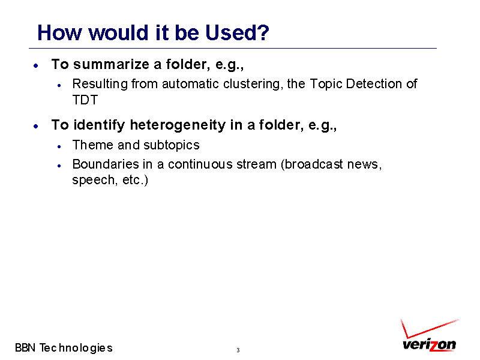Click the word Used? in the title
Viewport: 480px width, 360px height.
(x=237, y=32)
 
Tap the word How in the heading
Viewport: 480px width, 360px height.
(x=59, y=32)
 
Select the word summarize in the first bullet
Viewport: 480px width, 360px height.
(x=111, y=64)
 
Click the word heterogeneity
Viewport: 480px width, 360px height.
(x=178, y=125)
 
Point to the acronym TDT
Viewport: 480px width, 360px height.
(x=85, y=100)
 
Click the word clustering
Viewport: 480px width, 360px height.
(x=253, y=84)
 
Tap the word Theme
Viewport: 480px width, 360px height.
(x=93, y=145)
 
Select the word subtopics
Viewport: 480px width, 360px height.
(x=172, y=145)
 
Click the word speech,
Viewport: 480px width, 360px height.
(x=95, y=180)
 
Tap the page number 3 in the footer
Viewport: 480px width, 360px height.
(x=238, y=350)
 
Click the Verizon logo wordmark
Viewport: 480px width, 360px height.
(x=429, y=344)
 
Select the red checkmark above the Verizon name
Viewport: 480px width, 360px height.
(x=428, y=328)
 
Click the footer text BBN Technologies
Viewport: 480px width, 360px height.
(x=64, y=348)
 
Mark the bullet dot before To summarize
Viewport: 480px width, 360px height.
(x=36, y=65)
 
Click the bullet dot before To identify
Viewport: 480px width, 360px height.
(x=36, y=126)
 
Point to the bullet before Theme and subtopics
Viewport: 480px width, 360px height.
(x=59, y=146)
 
